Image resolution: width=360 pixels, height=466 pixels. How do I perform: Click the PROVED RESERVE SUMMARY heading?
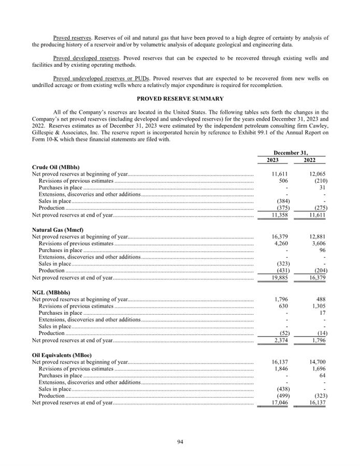point(180,98)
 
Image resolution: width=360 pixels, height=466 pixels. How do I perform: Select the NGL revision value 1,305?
point(317,306)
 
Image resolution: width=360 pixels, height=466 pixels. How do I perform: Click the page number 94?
point(180,442)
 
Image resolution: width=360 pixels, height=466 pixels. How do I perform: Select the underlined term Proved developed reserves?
point(87,58)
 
